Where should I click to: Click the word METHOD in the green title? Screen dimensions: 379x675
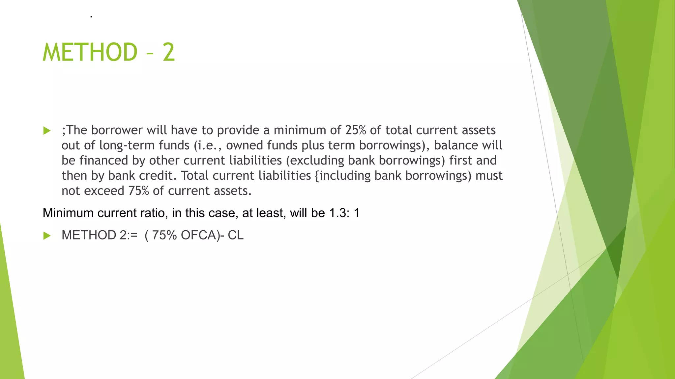point(90,52)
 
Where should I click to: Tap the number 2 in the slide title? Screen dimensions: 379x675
point(168,52)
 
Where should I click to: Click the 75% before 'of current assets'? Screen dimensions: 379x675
point(138,191)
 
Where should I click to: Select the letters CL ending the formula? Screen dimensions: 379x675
point(235,235)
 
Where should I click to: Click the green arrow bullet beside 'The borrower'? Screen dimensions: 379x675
point(47,131)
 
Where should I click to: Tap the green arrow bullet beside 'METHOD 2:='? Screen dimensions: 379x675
point(47,236)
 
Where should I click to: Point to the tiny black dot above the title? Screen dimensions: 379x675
point(91,16)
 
